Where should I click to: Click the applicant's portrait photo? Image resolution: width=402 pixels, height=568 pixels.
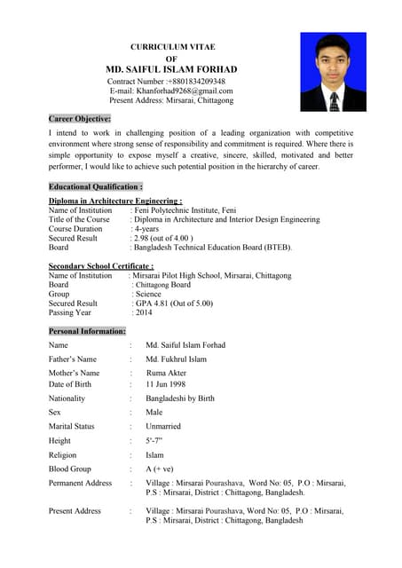tap(333, 72)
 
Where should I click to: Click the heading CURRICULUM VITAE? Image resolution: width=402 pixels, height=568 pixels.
tap(173, 46)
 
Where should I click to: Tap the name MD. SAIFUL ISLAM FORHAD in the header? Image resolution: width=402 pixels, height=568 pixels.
tap(171, 69)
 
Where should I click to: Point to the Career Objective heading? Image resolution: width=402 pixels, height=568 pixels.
tap(80, 118)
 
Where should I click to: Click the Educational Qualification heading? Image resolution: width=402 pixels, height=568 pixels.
tap(96, 187)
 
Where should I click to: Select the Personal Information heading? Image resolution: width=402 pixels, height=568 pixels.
tap(87, 331)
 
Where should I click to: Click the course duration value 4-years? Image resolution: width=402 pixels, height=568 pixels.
tap(148, 229)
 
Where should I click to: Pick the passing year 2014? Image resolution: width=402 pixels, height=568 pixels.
tap(143, 312)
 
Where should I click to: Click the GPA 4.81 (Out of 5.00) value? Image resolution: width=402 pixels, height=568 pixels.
tap(173, 303)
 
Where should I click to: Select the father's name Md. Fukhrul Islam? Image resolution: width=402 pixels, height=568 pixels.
tap(176, 359)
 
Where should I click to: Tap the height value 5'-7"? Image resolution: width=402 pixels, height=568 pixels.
tap(154, 440)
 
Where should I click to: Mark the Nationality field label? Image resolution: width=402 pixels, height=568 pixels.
tap(67, 398)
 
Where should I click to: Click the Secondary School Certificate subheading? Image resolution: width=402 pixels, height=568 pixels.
tap(101, 266)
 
